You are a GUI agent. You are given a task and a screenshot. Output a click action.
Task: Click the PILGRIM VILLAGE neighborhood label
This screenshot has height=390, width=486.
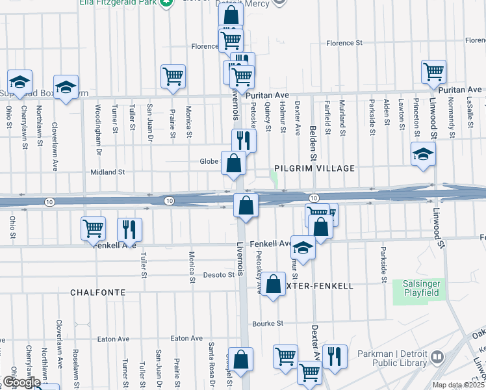click(x=314, y=168)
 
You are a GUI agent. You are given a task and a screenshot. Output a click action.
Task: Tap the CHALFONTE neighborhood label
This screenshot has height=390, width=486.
click(x=97, y=292)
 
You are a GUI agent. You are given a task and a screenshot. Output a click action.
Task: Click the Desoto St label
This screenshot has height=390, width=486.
click(x=221, y=275)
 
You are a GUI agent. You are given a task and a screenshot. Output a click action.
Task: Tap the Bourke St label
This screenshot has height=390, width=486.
click(x=268, y=323)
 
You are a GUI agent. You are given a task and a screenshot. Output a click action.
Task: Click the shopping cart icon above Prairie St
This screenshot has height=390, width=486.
click(x=173, y=75)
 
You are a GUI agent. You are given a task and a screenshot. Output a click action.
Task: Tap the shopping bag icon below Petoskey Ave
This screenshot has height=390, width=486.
click(x=274, y=283)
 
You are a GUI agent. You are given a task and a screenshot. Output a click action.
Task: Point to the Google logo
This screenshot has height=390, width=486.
click(x=21, y=382)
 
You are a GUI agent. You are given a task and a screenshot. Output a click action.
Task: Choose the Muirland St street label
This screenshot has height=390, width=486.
click(x=342, y=118)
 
